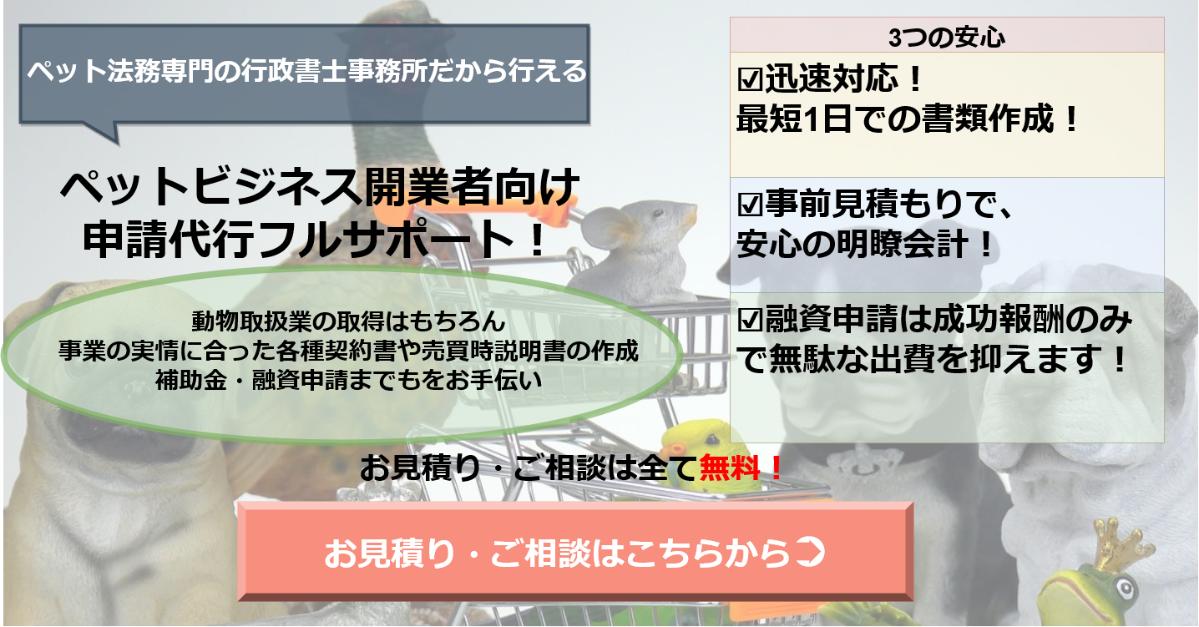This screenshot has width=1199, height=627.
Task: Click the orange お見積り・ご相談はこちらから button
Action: (575, 552)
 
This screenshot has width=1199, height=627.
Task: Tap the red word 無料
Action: (730, 468)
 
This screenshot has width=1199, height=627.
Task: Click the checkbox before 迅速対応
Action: (750, 79)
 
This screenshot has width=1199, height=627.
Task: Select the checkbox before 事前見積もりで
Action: (750, 204)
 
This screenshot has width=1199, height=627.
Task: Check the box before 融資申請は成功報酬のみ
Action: (750, 320)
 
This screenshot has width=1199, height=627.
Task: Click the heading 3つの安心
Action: (946, 38)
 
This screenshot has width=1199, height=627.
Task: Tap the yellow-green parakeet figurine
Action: (701, 455)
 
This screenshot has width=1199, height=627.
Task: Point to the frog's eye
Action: (1123, 589)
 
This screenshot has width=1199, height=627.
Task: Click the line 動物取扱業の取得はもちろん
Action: (348, 321)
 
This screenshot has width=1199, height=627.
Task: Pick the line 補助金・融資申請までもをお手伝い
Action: (348, 380)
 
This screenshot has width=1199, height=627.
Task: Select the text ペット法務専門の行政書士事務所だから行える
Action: (306, 71)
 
